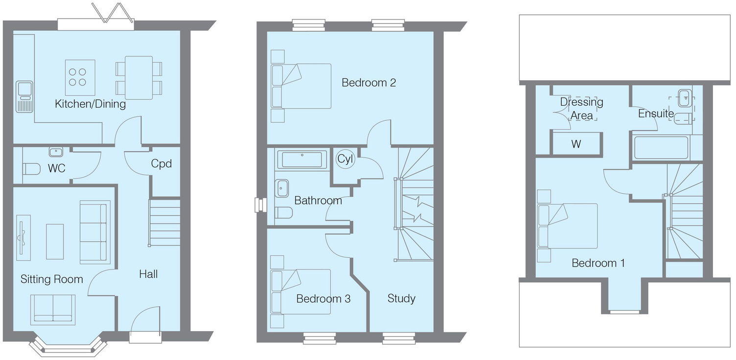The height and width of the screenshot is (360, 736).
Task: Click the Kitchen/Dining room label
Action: coord(90,104)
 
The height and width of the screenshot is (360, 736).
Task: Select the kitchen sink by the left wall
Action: coord(24,96)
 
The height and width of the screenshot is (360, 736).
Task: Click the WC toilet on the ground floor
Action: coord(31,169)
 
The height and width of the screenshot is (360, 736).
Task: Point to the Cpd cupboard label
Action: coord(161,163)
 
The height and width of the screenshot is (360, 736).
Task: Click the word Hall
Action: coord(148,274)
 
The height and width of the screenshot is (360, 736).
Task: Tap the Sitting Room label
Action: coord(51,279)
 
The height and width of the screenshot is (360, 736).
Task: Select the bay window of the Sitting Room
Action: coord(68,345)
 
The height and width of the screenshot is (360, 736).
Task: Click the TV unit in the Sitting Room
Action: coord(23,237)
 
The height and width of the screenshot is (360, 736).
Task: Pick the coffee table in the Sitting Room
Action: coord(55,241)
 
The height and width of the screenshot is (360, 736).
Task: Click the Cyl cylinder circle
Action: coord(345,159)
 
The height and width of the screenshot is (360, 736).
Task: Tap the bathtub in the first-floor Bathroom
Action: coord(302,159)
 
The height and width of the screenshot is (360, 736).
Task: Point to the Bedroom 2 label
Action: coord(368,83)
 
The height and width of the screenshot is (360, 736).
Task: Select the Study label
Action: coord(401,298)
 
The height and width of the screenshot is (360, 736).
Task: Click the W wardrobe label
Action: coord(576,144)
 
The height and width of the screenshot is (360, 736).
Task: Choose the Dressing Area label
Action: coord(581,109)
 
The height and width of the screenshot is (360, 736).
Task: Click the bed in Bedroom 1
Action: coord(568,226)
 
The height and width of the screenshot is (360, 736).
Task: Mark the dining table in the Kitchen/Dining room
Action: coord(138,78)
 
